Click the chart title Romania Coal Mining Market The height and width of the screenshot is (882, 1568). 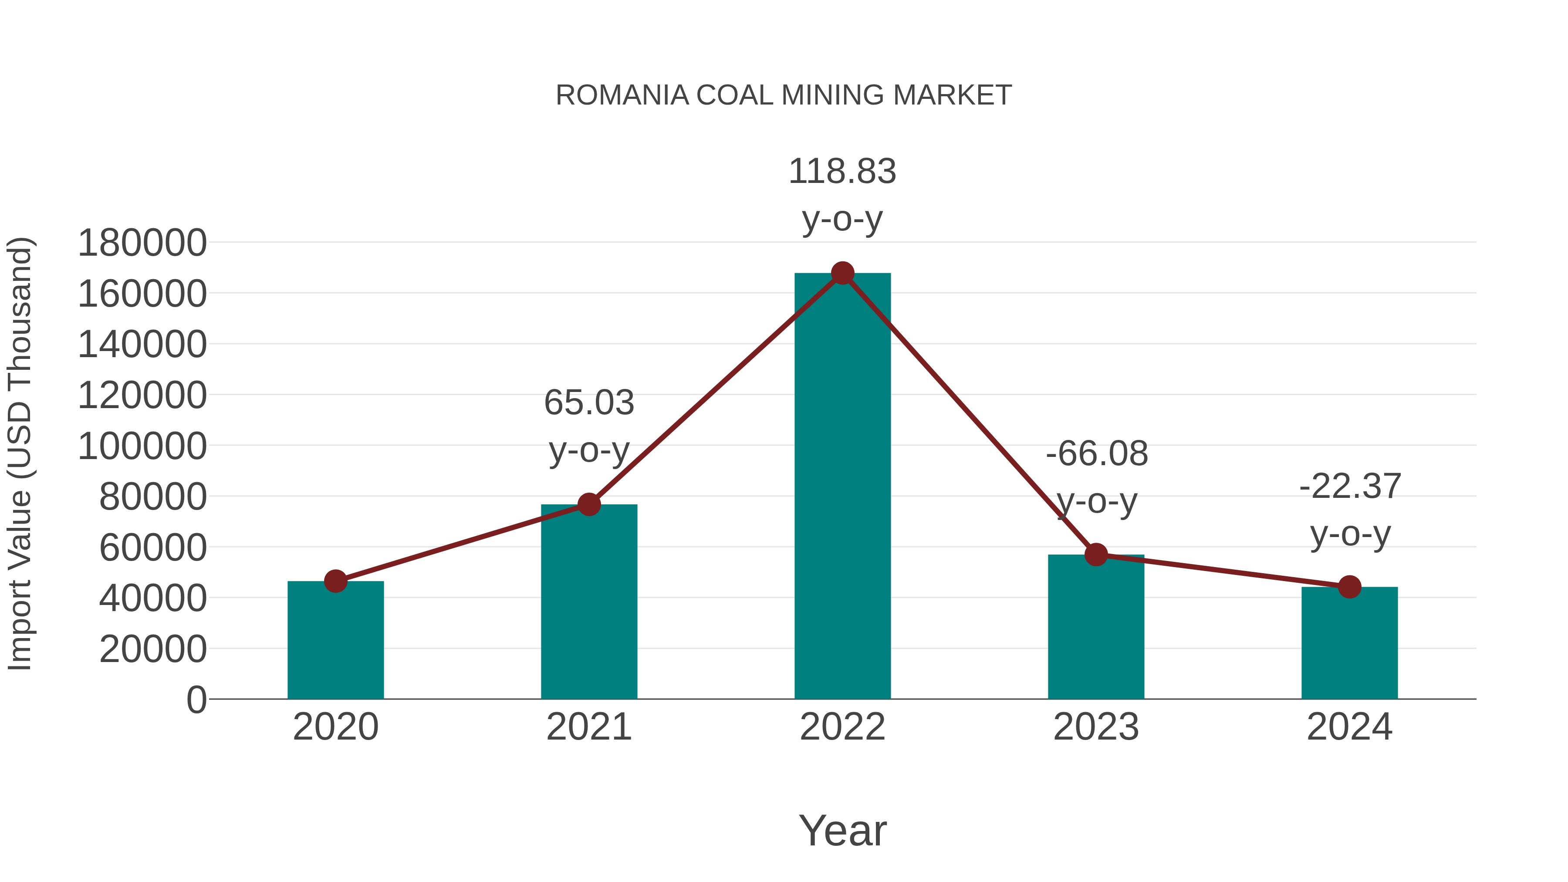(784, 95)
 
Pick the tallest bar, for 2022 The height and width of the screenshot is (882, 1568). (842, 487)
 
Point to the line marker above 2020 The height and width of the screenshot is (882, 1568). (335, 581)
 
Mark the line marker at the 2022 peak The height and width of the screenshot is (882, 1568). (842, 273)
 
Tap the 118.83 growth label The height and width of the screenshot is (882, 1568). (842, 172)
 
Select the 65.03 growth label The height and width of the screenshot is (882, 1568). (588, 403)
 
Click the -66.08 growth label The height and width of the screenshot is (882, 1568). (1097, 454)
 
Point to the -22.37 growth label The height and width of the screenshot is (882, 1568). (1350, 487)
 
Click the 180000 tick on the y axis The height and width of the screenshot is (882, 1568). (142, 243)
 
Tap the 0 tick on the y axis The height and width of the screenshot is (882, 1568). (196, 700)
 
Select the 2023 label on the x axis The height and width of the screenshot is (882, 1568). (1096, 727)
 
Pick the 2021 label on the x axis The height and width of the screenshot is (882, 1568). (588, 727)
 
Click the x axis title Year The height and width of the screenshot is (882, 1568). (842, 831)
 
